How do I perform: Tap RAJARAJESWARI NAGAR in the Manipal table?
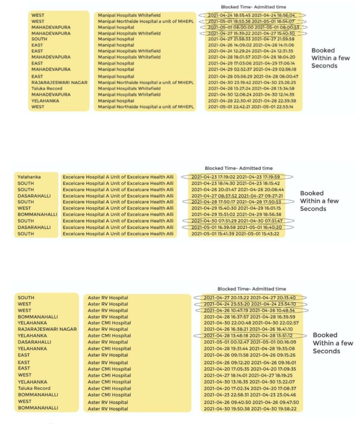(x=60, y=82)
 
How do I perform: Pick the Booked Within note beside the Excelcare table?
(x=319, y=201)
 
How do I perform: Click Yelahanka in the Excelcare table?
(x=29, y=177)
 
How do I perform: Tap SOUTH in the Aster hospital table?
(x=26, y=298)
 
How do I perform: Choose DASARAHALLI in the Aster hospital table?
(x=34, y=342)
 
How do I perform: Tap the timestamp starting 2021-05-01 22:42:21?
(x=250, y=107)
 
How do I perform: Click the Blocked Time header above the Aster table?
(x=252, y=289)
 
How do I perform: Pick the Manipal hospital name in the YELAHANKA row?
(x=116, y=101)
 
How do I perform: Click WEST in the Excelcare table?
(x=24, y=208)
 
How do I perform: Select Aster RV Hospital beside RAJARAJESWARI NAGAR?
(x=108, y=329)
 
